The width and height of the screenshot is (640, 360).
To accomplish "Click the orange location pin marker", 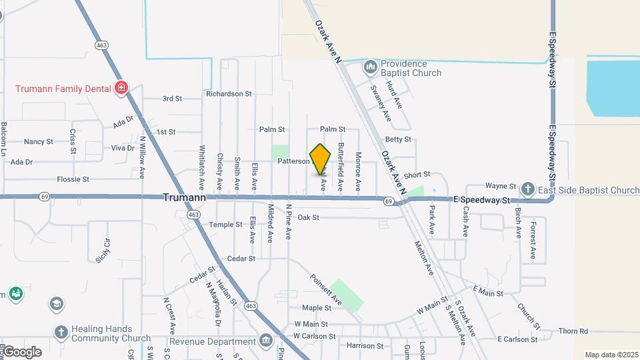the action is tap(321, 159).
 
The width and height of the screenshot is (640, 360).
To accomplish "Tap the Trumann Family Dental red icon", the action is tap(121, 88).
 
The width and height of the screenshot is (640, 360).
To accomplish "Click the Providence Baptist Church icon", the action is tap(370, 68).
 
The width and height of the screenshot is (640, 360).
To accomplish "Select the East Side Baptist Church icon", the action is tap(528, 190).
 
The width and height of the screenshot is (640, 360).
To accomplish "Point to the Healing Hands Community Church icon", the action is tap(61, 333).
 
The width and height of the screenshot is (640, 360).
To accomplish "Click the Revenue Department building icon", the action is tap(266, 341).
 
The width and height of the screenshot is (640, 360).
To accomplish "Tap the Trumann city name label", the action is tap(185, 198).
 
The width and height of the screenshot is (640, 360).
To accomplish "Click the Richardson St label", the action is tap(229, 94).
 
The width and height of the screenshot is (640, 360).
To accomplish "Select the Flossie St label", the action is tap(73, 179).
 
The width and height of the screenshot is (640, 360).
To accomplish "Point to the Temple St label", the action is tap(225, 225).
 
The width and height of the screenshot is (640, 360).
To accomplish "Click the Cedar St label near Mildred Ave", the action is tap(241, 258).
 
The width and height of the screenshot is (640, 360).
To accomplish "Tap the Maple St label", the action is tap(317, 308).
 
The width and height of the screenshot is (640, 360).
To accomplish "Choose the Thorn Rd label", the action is tap(573, 331).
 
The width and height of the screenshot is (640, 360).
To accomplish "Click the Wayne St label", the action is tap(501, 186).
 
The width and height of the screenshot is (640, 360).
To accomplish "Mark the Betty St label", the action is tap(398, 139).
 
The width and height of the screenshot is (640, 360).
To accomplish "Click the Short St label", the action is tap(417, 174).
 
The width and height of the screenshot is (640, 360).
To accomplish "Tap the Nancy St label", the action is tap(39, 141).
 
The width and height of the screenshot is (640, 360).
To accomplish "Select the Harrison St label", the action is tap(365, 346).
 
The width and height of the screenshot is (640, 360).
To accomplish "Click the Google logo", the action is tap(21, 351).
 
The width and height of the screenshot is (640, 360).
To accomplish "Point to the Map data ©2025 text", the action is tap(610, 355).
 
